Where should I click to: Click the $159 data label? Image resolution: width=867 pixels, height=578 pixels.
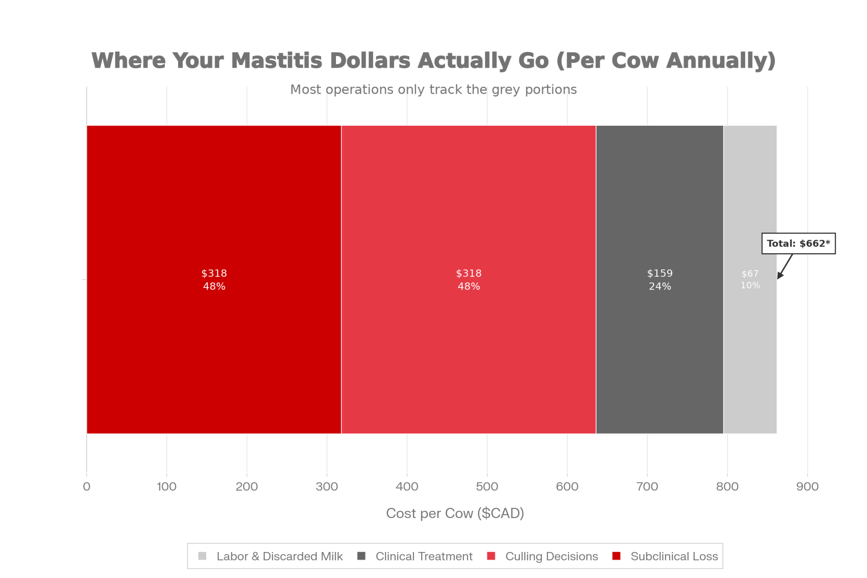660,273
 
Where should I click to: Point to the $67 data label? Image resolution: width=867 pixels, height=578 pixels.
750,274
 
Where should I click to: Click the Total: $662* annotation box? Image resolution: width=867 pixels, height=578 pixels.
798,243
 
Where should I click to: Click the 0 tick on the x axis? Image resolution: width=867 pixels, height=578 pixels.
87,487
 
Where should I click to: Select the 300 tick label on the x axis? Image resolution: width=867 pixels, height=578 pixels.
327,487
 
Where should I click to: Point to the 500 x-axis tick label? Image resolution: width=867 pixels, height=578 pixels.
487,487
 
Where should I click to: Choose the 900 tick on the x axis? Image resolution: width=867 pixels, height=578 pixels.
807,487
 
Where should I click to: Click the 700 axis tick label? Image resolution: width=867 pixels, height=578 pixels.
647,487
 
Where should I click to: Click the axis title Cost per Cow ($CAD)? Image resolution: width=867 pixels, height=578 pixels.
455,513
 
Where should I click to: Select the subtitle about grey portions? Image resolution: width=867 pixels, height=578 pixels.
433,89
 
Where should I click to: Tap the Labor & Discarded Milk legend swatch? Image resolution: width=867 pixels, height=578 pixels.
202,556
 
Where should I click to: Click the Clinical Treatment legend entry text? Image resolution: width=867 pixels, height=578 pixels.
424,556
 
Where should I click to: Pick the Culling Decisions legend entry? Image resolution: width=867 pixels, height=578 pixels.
551,556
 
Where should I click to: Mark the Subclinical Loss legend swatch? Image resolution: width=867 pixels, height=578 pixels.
616,556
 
